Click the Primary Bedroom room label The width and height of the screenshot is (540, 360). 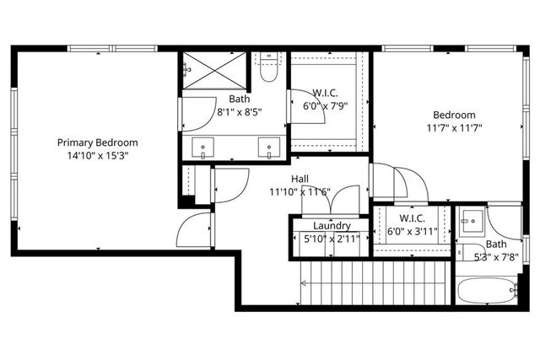click(x=97, y=142)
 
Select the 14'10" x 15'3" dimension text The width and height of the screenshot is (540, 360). click(x=97, y=156)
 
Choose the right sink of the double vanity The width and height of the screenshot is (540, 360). click(x=268, y=149)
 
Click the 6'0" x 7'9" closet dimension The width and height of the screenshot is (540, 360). click(x=325, y=107)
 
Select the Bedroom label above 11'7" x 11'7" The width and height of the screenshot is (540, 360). click(x=454, y=116)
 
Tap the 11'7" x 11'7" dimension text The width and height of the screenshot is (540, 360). click(x=454, y=128)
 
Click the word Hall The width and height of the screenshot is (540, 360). click(x=300, y=179)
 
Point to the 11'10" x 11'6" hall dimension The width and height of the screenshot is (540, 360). click(x=300, y=191)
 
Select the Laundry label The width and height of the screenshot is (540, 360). click(x=331, y=226)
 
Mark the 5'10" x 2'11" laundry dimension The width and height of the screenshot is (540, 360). click(x=331, y=239)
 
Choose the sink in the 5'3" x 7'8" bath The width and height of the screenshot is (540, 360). click(x=471, y=223)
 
